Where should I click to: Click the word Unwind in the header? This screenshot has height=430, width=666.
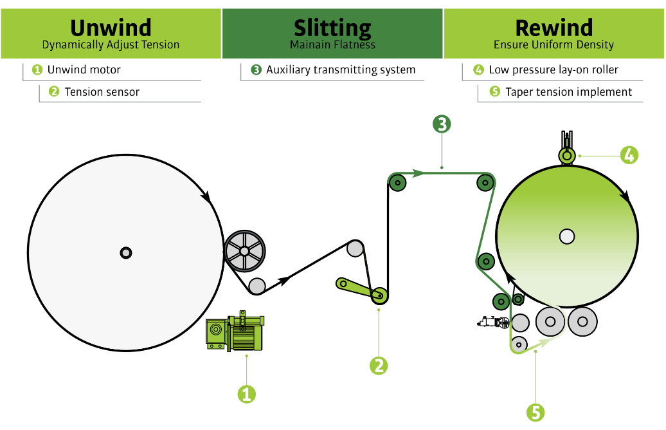pyautogui.click(x=111, y=28)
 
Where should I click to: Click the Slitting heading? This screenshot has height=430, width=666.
pyautogui.click(x=332, y=28)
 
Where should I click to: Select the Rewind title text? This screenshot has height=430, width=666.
pyautogui.click(x=553, y=28)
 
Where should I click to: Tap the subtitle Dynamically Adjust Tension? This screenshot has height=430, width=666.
pyautogui.click(x=111, y=45)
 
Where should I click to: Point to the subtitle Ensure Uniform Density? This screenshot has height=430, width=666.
pyautogui.click(x=553, y=45)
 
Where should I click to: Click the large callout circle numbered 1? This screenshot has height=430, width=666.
pyautogui.click(x=246, y=393)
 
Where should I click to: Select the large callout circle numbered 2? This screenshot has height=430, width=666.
pyautogui.click(x=379, y=365)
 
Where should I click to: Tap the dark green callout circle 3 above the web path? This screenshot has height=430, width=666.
pyautogui.click(x=442, y=124)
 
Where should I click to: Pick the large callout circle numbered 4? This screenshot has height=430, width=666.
pyautogui.click(x=629, y=154)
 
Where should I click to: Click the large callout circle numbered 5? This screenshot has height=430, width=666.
pyautogui.click(x=535, y=412)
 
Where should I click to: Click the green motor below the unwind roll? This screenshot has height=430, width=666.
pyautogui.click(x=235, y=332)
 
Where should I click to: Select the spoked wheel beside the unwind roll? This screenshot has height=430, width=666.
pyautogui.click(x=244, y=251)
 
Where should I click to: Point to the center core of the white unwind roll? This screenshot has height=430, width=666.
pyautogui.click(x=126, y=252)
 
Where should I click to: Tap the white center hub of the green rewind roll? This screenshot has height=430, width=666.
pyautogui.click(x=566, y=236)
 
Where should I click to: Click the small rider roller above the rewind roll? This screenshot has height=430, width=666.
pyautogui.click(x=566, y=155)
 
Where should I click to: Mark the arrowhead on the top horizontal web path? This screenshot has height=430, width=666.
pyautogui.click(x=418, y=173)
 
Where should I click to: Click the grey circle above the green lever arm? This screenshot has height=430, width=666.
pyautogui.click(x=355, y=248)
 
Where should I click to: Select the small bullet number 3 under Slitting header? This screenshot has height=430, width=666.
pyautogui.click(x=256, y=70)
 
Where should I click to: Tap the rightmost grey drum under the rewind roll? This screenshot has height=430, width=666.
pyautogui.click(x=582, y=321)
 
